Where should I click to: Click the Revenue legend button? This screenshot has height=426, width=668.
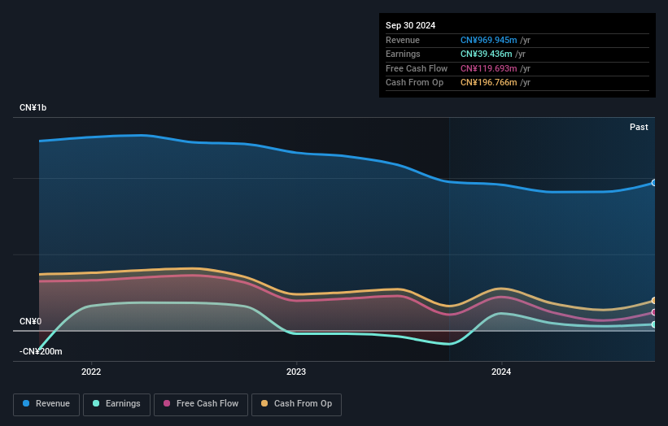46,404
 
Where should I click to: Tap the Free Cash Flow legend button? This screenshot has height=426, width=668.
201,404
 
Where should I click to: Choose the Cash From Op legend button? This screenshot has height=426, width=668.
297,404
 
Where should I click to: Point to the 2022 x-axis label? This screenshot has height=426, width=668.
91,372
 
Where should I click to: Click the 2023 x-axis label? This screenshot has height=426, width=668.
296,372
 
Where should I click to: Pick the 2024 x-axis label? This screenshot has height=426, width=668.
501,372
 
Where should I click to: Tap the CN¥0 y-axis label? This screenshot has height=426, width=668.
30,321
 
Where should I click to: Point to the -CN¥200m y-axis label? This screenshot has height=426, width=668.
41,351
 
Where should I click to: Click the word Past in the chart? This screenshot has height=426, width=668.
639,127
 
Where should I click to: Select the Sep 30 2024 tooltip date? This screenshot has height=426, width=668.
410,25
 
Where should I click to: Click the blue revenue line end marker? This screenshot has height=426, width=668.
654,183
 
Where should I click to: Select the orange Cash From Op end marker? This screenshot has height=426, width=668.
654,301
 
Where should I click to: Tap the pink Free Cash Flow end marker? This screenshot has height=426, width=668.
654,312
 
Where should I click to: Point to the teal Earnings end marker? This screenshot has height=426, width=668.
654,324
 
